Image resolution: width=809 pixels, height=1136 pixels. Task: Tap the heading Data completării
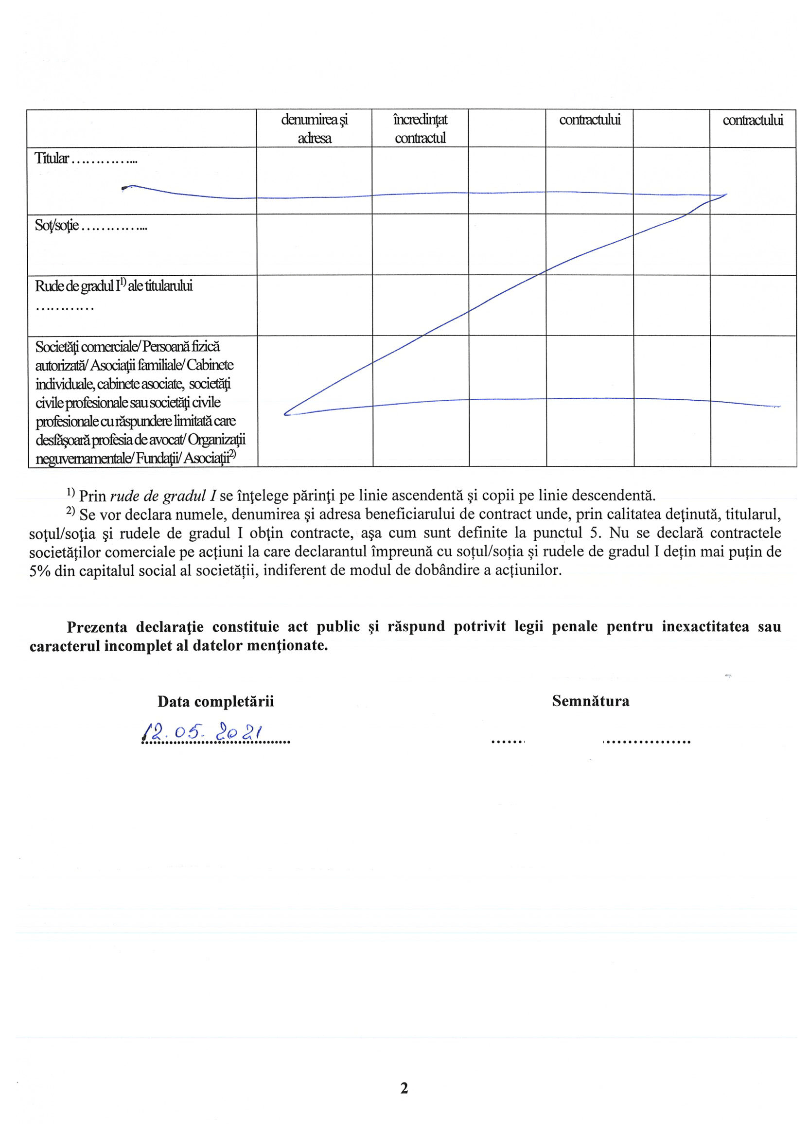(215, 702)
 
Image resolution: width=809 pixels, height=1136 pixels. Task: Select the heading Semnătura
(590, 701)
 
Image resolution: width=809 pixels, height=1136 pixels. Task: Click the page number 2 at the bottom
(404, 1088)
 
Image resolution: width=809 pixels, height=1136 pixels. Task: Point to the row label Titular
(52, 159)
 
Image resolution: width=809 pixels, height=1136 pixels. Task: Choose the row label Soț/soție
(57, 225)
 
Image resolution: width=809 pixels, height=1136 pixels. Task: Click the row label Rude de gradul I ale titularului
(113, 286)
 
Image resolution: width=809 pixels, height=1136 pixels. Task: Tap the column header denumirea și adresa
(315, 128)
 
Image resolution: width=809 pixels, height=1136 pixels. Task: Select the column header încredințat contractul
(420, 128)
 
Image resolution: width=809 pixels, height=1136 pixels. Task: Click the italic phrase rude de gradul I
(163, 496)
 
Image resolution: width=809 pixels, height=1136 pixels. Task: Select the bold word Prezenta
(97, 627)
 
